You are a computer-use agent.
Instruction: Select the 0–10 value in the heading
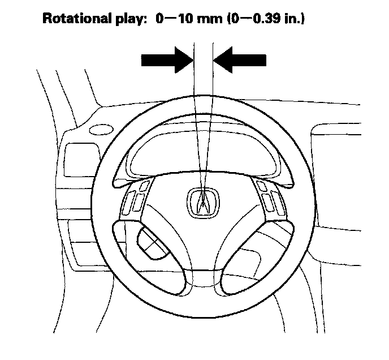tap(179, 18)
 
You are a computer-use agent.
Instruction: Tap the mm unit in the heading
tap(218, 19)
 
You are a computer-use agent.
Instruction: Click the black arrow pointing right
tap(167, 59)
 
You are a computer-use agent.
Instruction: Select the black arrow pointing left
tap(240, 59)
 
